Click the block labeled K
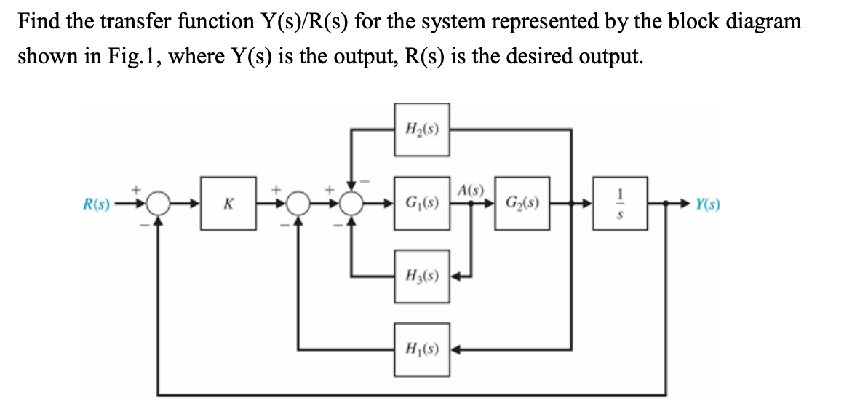[x=228, y=204]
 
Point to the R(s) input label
[x=96, y=204]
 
